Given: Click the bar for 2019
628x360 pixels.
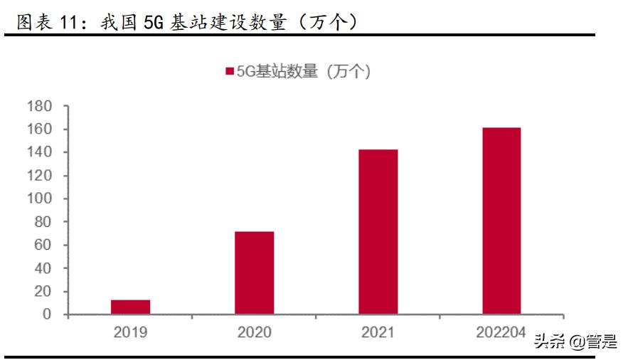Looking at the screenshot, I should [x=131, y=307].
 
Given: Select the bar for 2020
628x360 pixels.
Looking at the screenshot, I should [x=254, y=272].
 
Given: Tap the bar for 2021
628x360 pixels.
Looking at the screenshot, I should [x=378, y=231].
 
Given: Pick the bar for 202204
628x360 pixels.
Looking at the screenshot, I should [x=501, y=221].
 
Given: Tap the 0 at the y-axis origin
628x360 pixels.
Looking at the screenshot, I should [x=46, y=314].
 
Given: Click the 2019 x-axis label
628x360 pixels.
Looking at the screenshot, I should [x=130, y=332].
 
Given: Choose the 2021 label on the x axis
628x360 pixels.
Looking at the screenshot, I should [x=378, y=332].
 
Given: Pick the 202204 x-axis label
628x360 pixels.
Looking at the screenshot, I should [x=501, y=332].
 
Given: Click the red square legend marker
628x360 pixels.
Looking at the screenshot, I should [x=230, y=71].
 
